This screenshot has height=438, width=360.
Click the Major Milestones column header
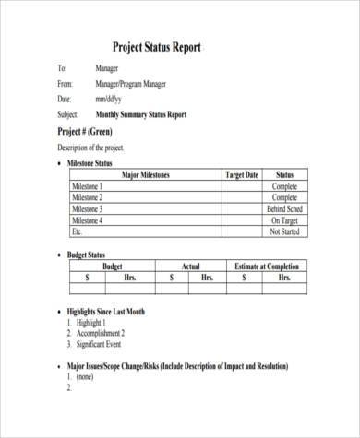click(x=147, y=174)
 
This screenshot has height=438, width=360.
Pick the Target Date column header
click(x=242, y=174)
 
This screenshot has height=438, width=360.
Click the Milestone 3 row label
click(x=88, y=209)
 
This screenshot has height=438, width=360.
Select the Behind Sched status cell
click(x=282, y=209)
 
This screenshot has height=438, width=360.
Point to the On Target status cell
click(x=284, y=220)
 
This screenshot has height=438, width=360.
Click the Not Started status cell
click(x=283, y=232)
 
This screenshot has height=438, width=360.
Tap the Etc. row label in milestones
click(x=78, y=232)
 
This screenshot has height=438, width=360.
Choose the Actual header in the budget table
click(x=190, y=266)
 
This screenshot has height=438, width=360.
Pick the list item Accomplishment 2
click(x=109, y=333)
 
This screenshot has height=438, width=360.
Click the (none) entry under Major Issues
click(x=84, y=376)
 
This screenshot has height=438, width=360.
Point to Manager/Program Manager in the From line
click(x=132, y=83)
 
